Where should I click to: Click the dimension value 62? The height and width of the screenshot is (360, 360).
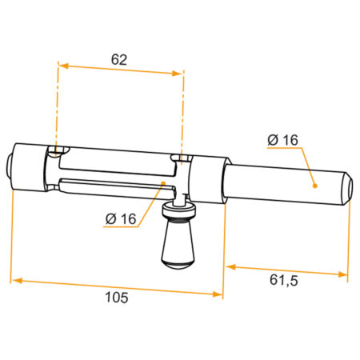point(119,60)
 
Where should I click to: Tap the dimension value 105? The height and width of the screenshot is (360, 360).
point(117,298)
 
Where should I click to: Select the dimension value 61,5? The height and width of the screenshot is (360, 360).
point(283,280)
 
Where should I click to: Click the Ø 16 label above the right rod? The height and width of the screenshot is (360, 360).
point(282,140)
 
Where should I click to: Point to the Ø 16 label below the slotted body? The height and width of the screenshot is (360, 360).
point(121,219)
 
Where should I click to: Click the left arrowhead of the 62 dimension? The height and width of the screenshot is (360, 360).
point(63,66)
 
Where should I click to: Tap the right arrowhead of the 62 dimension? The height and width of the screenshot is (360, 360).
point(178,74)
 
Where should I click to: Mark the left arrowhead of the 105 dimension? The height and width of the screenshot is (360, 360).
point(17,280)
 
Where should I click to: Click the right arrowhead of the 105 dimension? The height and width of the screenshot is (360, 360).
point(218,294)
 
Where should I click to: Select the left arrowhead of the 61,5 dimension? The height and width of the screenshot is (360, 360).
point(231,266)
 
